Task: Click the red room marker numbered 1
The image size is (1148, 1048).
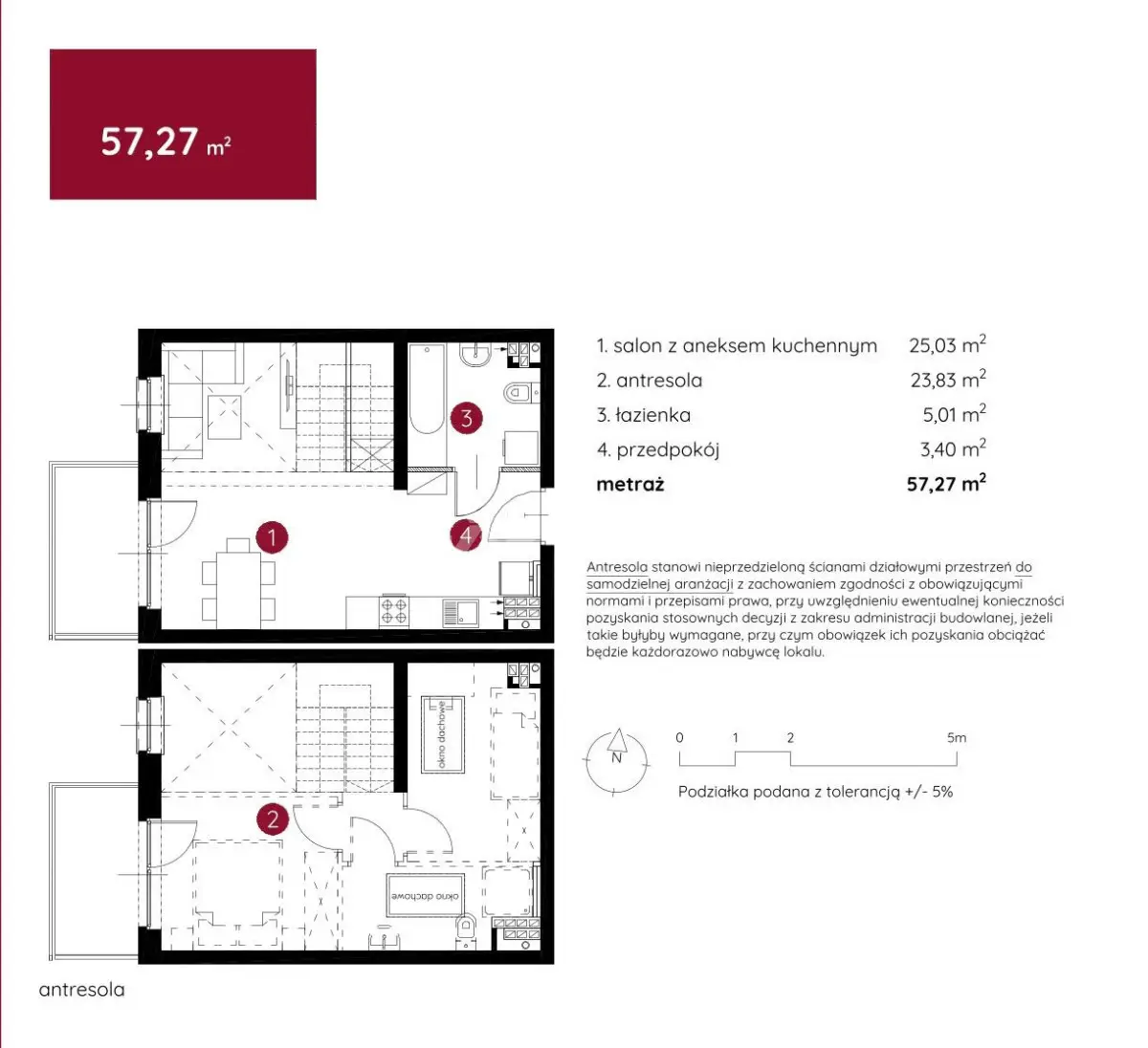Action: tap(272, 537)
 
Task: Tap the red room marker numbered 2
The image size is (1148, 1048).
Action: tap(273, 819)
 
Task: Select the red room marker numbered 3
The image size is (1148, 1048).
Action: tap(467, 418)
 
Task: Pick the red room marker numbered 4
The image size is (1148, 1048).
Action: tap(467, 536)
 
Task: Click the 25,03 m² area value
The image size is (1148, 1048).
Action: tap(947, 344)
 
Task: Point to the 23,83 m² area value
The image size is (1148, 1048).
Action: tap(948, 380)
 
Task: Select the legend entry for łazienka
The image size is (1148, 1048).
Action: tap(643, 415)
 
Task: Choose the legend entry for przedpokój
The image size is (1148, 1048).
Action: tap(657, 450)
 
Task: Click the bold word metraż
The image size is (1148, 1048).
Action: tap(630, 485)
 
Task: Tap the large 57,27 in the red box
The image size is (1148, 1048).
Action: tap(149, 142)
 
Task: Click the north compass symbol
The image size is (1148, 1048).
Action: tap(616, 761)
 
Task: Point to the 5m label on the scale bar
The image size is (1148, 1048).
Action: tap(957, 737)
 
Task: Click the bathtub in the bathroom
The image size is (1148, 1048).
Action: tap(427, 389)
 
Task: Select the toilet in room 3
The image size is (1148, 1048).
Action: tap(521, 392)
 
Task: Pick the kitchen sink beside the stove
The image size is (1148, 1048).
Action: tap(461, 612)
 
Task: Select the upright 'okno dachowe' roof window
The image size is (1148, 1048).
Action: tap(442, 734)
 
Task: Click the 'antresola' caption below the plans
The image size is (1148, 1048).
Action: tap(82, 990)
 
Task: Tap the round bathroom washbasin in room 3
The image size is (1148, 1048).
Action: tap(475, 355)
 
